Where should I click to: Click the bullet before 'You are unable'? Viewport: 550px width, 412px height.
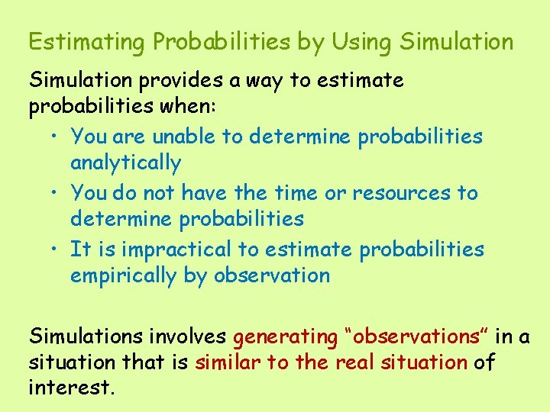click(57, 137)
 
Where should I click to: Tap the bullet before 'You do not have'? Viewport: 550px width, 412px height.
click(57, 193)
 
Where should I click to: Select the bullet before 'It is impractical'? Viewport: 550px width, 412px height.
click(57, 249)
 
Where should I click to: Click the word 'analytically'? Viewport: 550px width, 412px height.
click(125, 163)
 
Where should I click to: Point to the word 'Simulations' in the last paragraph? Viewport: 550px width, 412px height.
click(86, 336)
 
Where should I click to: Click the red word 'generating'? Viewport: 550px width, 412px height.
click(285, 337)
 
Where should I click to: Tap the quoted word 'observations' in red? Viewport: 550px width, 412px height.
click(416, 336)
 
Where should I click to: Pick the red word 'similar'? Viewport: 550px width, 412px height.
click(227, 362)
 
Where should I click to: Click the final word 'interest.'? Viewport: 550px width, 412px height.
click(71, 388)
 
